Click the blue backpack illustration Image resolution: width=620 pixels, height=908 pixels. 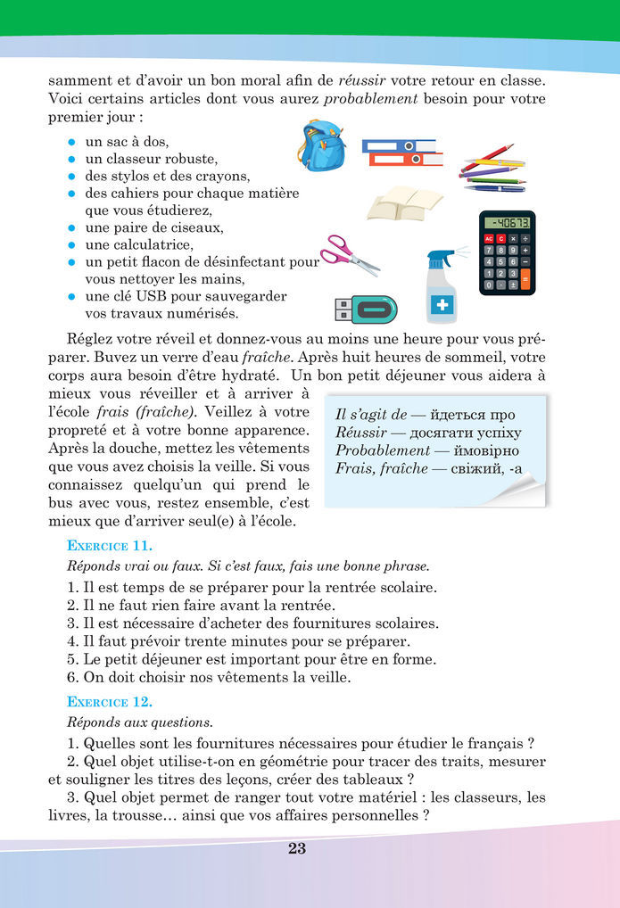pos(322,145)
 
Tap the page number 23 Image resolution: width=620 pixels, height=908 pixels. pos(297,848)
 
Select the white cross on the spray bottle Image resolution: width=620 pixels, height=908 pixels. pos(441,305)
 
